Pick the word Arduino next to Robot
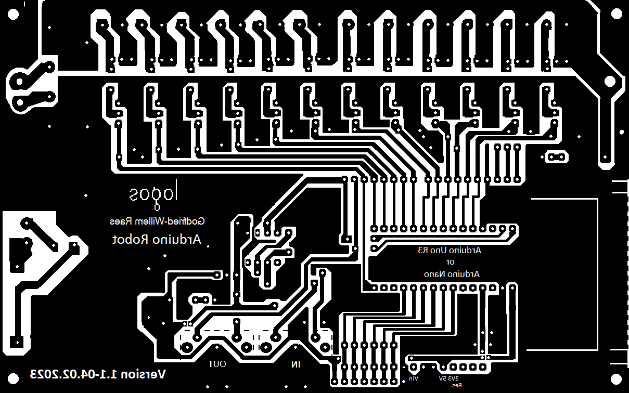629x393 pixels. [x=177, y=240]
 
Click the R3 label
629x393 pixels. [x=422, y=251]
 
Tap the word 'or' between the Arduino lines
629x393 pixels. [x=451, y=262]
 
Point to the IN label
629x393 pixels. [x=296, y=364]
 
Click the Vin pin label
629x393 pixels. [x=413, y=379]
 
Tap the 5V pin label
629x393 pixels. [x=442, y=379]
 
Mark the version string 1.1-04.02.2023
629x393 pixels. [x=72, y=374]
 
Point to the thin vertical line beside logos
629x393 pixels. [x=176, y=191]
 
